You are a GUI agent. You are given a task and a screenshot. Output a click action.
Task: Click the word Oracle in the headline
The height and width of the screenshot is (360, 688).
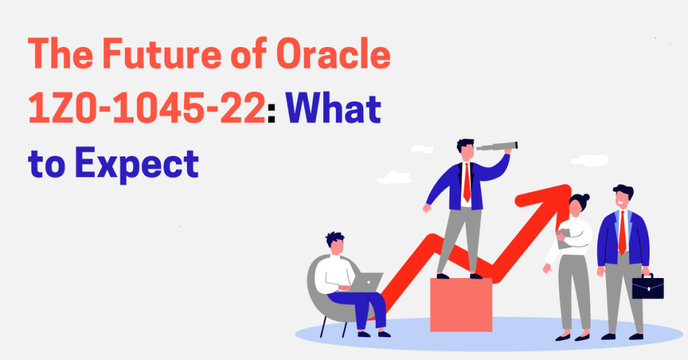pos(333,54)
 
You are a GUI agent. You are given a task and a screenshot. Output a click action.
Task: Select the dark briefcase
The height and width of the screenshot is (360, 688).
pos(648,287)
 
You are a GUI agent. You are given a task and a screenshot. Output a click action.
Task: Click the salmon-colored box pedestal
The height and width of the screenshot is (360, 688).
pos(461,305)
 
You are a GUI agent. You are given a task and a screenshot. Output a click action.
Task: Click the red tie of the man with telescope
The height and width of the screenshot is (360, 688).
pos(467,183)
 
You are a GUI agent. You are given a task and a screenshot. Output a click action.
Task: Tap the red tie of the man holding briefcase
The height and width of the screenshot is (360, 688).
pos(622,232)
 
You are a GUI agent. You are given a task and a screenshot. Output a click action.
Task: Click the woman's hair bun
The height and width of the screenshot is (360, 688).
pos(586,197)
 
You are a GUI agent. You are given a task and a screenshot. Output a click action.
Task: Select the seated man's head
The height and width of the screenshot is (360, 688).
pos(335,243)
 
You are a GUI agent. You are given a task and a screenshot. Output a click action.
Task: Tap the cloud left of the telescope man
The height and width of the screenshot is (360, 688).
pos(394,177)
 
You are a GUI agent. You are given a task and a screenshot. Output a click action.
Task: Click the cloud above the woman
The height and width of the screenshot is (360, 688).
pos(590,161)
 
